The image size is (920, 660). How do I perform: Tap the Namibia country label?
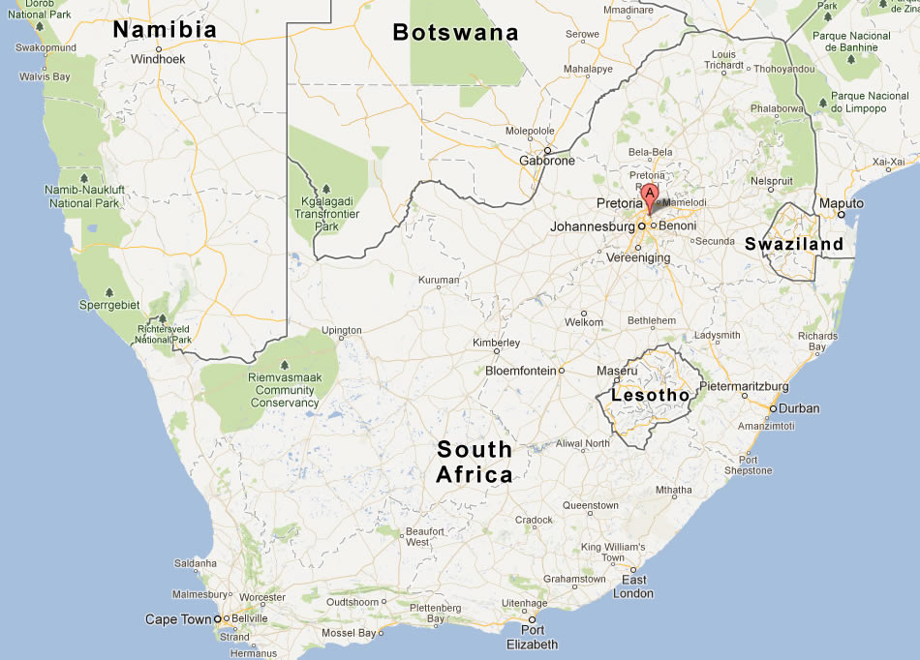[x=165, y=30]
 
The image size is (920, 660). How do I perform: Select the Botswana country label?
[x=455, y=33]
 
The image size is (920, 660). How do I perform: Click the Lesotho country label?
[x=650, y=395]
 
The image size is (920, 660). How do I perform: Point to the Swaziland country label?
[x=794, y=245]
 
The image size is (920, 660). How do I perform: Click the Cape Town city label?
[x=177, y=619]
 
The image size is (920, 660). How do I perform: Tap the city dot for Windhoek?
[x=158, y=48]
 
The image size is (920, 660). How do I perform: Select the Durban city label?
[x=799, y=408]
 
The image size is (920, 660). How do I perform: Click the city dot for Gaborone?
[x=547, y=150]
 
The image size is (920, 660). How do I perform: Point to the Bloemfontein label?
[x=520, y=371]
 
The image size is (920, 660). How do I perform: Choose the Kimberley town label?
[x=496, y=343]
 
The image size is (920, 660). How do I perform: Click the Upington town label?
[x=341, y=330]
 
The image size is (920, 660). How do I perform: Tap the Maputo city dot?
[x=841, y=215]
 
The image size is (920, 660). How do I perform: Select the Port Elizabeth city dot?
[x=532, y=619]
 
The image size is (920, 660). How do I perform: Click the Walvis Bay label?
[x=45, y=76]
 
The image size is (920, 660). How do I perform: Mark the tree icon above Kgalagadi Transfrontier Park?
[x=326, y=189]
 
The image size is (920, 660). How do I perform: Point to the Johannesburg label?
[x=592, y=226]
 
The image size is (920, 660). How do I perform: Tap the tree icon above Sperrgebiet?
[x=108, y=292]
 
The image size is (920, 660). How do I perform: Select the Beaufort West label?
[x=424, y=537]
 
